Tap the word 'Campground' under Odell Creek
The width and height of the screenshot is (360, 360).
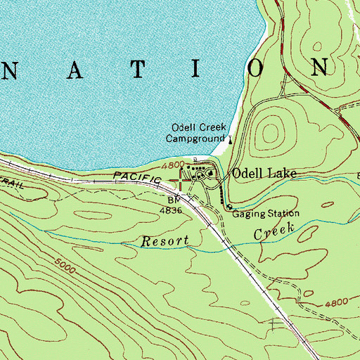(x=194, y=139)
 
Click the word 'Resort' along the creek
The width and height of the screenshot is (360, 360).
(x=165, y=241)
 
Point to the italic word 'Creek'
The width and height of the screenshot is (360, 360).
(x=273, y=231)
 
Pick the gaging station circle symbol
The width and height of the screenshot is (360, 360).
(x=229, y=206)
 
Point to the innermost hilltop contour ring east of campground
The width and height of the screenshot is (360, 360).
(x=271, y=129)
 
